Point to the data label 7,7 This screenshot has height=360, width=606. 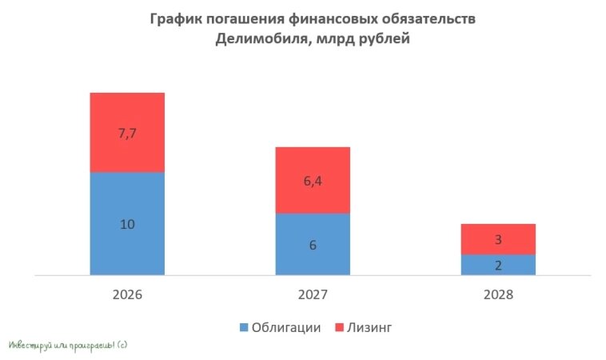coord(128,134)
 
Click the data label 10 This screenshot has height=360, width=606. coord(127,225)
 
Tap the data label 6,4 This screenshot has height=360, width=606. coord(313,182)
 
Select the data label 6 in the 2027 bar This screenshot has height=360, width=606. coord(313,245)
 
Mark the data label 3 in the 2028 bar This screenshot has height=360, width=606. coord(498,240)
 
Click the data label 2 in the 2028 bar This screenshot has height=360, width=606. coord(498,265)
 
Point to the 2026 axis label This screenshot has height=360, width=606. coord(127,294)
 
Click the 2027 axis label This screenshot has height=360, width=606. coord(313,294)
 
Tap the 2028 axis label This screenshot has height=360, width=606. coord(498,294)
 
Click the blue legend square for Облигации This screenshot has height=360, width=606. coord(243,327)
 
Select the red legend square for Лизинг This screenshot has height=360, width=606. coord(339,327)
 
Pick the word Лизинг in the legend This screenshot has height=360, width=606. coord(370,327)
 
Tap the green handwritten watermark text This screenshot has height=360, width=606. coord(68,346)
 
